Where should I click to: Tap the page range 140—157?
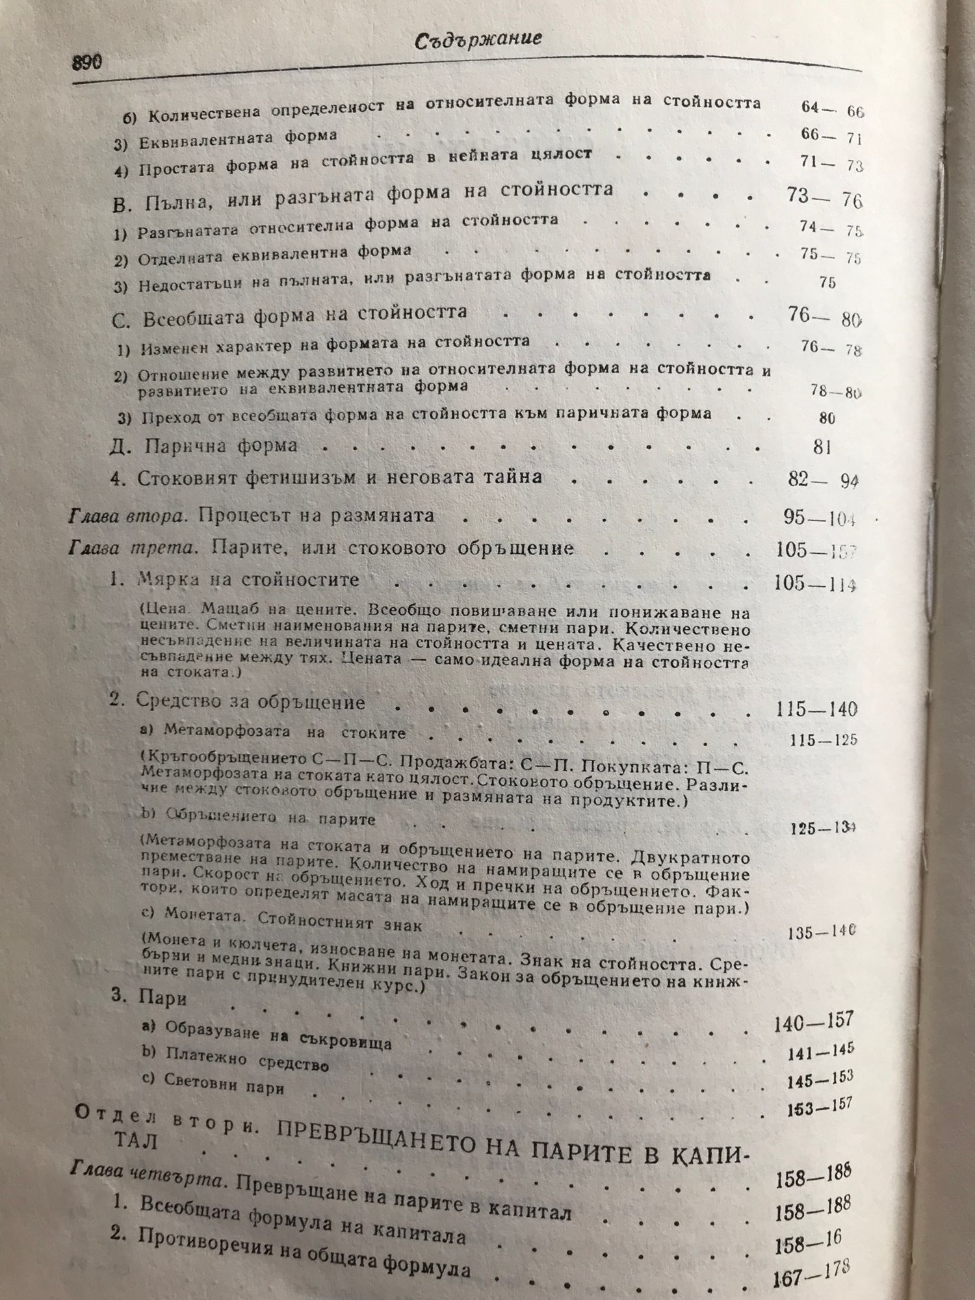[813, 1022]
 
